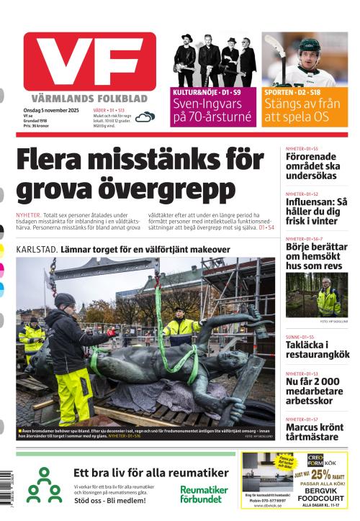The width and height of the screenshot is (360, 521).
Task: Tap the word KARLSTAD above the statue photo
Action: (x=37, y=249)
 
